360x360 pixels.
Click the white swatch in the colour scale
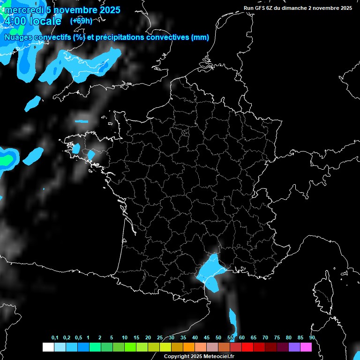click(48, 347)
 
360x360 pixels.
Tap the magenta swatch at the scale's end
click(306, 347)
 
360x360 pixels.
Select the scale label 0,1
click(55, 338)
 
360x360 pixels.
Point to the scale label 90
click(312, 338)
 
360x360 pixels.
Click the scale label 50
click(218, 338)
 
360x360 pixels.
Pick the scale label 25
click(160, 338)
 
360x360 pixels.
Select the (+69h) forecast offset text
click(81, 21)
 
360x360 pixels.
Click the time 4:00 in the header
click(14, 22)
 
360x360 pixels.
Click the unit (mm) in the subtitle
click(200, 37)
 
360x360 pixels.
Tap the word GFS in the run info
click(261, 8)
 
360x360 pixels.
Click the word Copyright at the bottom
click(177, 357)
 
